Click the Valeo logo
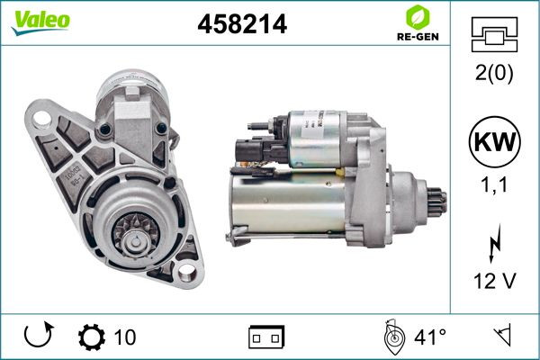[x=40, y=22]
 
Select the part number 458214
[x=242, y=24]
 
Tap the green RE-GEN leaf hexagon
[x=418, y=17]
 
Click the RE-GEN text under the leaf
[x=418, y=37]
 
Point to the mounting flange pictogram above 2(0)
[x=494, y=34]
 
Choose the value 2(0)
[x=494, y=73]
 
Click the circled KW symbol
[x=494, y=141]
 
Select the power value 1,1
[x=494, y=184]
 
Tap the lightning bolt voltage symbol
[x=495, y=244]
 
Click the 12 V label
[x=495, y=281]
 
